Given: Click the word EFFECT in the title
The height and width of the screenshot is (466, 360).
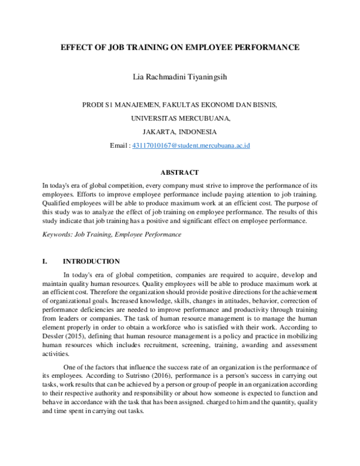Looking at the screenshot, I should tap(76, 46).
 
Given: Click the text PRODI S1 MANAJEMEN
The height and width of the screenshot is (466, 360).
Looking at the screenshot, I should tap(119, 104).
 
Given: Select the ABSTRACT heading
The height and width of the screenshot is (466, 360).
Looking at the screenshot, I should tap(180, 172).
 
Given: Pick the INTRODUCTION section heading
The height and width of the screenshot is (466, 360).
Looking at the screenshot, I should tap(91, 261).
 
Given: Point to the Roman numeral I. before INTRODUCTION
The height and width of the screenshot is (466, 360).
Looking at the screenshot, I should tap(45, 261).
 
